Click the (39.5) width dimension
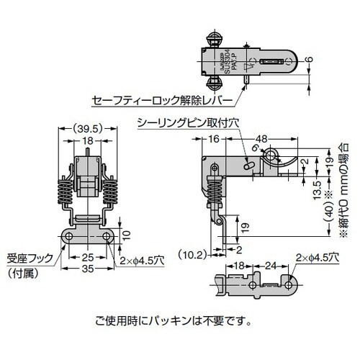pos(87,130)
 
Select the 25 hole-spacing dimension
pos(86,256)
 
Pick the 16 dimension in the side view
pos(214,139)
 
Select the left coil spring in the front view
pos(63,190)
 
